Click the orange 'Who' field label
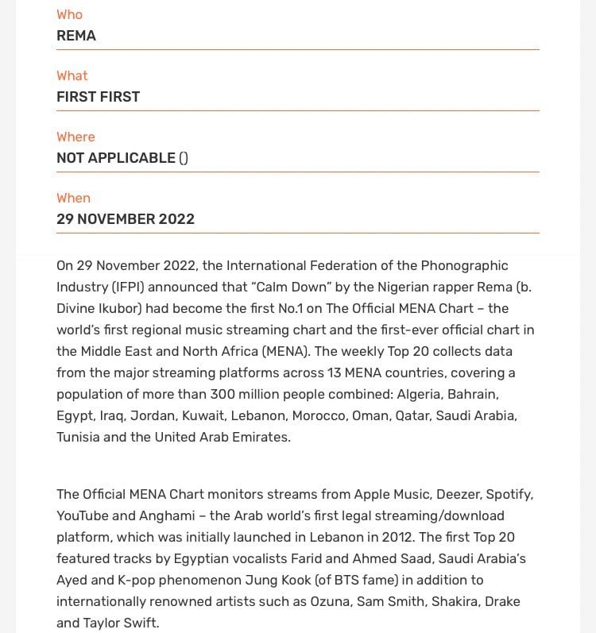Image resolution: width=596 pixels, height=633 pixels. pyautogui.click(x=69, y=14)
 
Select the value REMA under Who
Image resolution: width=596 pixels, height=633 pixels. pyautogui.click(x=76, y=36)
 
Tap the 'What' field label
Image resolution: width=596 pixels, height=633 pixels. pyautogui.click(x=72, y=75)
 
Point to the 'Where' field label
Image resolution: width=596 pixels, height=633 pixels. pyautogui.click(x=75, y=137)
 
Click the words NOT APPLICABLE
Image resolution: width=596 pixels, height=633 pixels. pyautogui.click(x=116, y=158)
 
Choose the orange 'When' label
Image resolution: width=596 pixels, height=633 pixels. pyautogui.click(x=73, y=198)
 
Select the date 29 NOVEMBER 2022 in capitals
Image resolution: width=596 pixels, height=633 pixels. pyautogui.click(x=126, y=219)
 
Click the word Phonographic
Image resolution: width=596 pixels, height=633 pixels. pyautogui.click(x=464, y=265)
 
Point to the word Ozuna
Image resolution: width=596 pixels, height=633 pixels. pyautogui.click(x=329, y=601)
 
